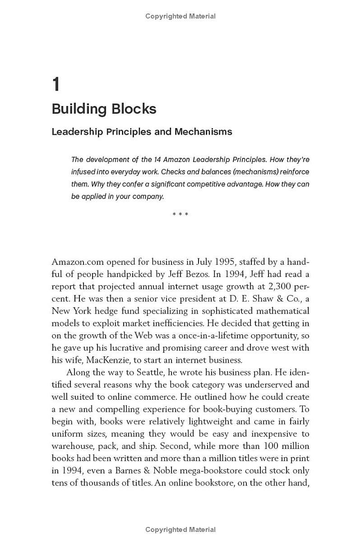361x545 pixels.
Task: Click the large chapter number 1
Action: pos(56,85)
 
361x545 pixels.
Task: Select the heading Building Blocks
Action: pos(104,109)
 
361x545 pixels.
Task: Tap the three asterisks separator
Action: pos(180,214)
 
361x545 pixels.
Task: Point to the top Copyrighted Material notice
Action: pos(180,16)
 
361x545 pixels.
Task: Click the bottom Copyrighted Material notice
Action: pos(180,530)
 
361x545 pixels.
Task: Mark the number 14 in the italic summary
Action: pos(155,160)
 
